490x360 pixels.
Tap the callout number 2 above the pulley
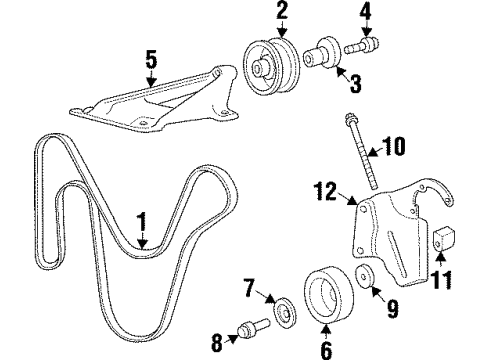point(282,13)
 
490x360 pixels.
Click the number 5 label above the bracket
point(151,62)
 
